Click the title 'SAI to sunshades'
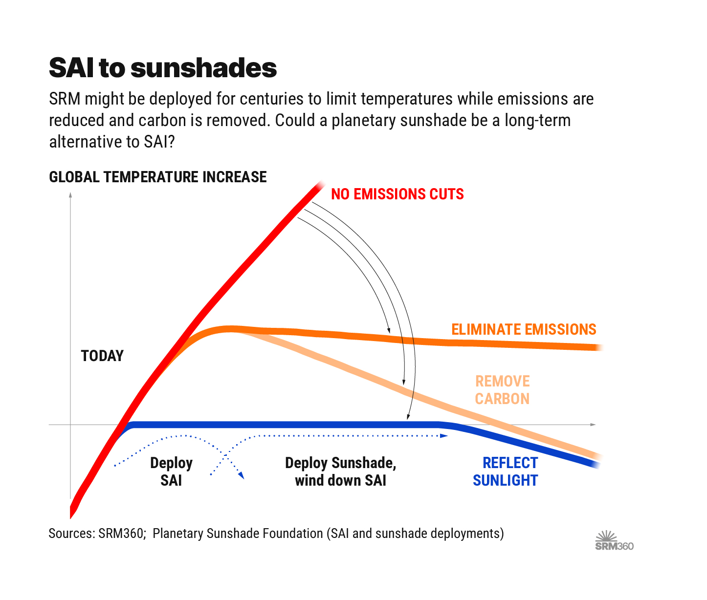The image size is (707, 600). pos(163,68)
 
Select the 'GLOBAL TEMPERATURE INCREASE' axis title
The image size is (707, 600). pos(158,177)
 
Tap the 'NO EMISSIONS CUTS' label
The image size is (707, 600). pos(397,194)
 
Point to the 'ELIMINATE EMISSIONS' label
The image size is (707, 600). pos(524,330)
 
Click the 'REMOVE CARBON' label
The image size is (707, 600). pos(502,390)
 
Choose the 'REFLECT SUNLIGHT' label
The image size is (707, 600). pos(506,471)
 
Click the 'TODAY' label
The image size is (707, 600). pos(102,356)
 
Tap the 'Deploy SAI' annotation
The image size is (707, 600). pos(171,471)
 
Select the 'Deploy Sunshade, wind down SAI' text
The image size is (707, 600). pos(341,471)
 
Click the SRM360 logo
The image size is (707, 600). pos(614,546)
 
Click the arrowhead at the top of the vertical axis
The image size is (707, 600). pos(70,195)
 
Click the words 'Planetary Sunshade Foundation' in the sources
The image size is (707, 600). pos(238,534)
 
